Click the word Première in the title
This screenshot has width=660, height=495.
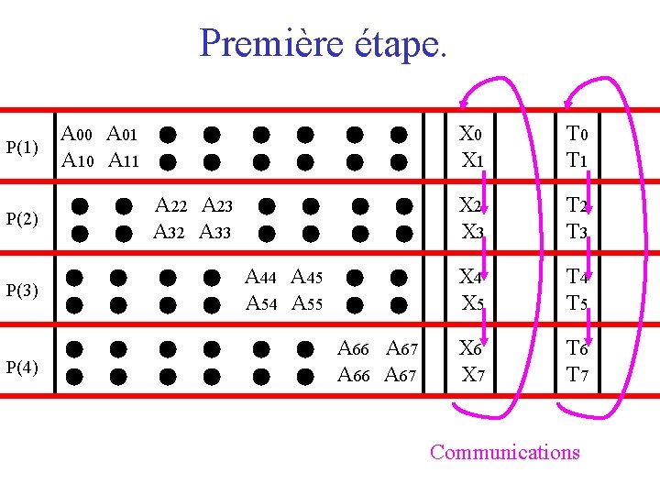[x=270, y=43]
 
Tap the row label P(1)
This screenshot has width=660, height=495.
[x=22, y=148]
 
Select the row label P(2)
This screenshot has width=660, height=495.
[x=22, y=219]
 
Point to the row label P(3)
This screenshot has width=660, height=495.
[x=22, y=291]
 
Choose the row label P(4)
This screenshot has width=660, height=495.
[x=22, y=368]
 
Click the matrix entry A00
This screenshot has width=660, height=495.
[x=77, y=135]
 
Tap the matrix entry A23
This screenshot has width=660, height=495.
[x=217, y=205]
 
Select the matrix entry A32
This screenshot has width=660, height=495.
[x=170, y=231]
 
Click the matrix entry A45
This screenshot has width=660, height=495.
[x=308, y=276]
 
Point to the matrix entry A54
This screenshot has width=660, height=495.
[x=262, y=302]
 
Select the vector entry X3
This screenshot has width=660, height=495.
[x=473, y=231]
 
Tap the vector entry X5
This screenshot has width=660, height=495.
[x=473, y=302]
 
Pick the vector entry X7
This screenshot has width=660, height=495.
[x=473, y=374]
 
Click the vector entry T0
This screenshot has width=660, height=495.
[x=577, y=135]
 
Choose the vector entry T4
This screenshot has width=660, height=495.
[x=577, y=276]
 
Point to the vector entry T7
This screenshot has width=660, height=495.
[x=577, y=374]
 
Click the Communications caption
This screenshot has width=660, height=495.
[x=504, y=452]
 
